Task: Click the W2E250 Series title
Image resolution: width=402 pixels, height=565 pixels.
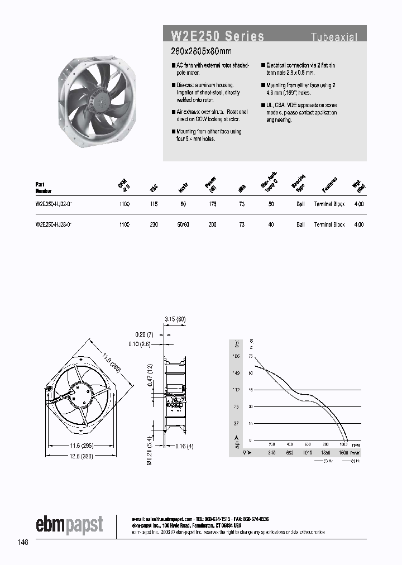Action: tap(217, 36)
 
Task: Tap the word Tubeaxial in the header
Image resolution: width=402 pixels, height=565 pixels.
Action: tap(334, 37)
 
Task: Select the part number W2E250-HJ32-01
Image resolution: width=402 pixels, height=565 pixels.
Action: tap(54, 205)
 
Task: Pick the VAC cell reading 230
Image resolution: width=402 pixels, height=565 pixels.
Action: tap(154, 224)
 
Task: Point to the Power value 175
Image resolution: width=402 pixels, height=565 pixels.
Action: tap(212, 205)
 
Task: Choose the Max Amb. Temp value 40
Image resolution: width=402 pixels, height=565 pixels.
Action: tap(271, 224)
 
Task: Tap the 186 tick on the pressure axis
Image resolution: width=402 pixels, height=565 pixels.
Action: tap(236, 356)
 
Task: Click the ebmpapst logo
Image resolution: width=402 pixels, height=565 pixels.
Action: tap(70, 525)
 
